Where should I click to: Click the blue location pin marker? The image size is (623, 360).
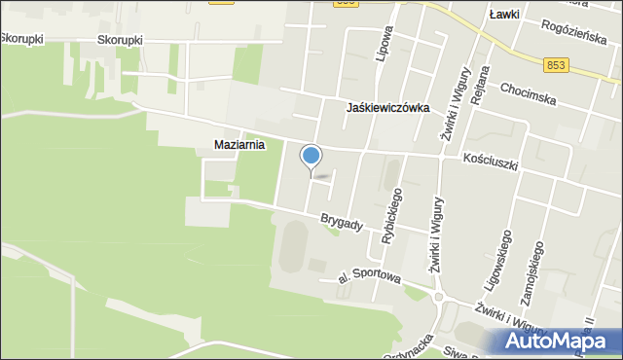point(311,156)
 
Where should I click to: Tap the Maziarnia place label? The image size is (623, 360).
point(239,145)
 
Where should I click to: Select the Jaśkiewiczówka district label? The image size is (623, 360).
point(387,109)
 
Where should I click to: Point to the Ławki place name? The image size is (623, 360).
point(503,15)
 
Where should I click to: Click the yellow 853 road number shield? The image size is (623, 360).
point(556,64)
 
